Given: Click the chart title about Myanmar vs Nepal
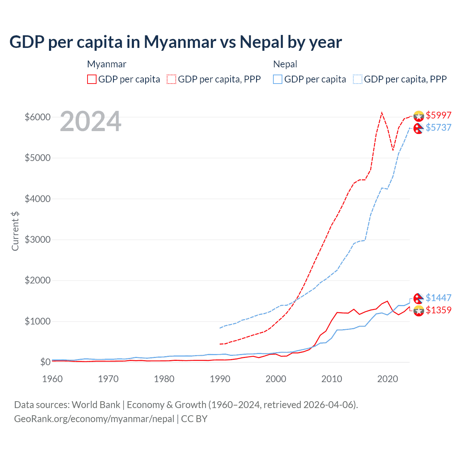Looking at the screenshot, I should point(176,42).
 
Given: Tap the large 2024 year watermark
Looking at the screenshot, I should point(90,121).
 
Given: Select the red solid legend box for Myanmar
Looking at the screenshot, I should point(92,79).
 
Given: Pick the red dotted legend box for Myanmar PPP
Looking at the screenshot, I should point(171,79).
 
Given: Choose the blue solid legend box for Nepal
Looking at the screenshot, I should point(278,79).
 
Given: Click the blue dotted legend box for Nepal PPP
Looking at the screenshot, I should point(358,79).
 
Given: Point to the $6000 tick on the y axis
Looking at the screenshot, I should point(37,117).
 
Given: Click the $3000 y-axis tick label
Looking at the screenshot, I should point(37,240).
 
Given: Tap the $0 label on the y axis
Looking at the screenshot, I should point(45,362).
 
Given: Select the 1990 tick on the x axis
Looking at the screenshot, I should point(220,379).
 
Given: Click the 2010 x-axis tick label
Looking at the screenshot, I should point(332,379).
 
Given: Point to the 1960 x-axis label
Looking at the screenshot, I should point(53,379).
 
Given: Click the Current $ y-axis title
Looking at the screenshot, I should point(15,231).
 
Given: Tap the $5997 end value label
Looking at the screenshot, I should point(438,115).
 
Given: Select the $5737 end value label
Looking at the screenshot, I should point(438,127).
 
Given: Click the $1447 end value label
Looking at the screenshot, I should point(438,298).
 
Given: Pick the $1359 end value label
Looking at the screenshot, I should point(438,310).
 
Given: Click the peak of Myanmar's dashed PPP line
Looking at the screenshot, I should point(382,113).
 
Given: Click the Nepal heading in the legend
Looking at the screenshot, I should point(285,64).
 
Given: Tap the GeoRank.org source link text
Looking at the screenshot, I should point(94,419).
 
